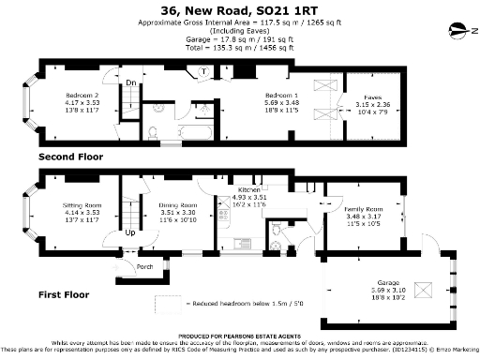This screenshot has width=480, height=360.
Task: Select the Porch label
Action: click(x=145, y=265)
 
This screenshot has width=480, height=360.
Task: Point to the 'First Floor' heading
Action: click(x=65, y=295)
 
